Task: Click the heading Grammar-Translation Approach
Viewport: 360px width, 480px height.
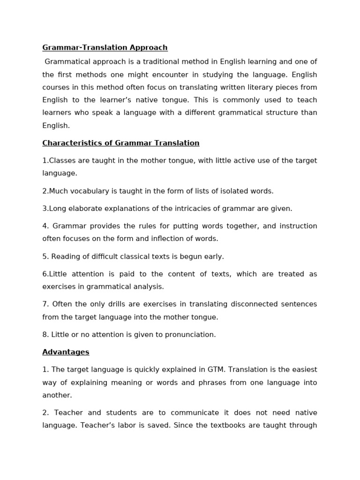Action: click(105, 47)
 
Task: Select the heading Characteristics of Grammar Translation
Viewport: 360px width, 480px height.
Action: click(120, 143)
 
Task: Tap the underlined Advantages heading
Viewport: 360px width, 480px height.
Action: click(66, 352)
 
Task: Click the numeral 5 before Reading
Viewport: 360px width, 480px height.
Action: click(45, 256)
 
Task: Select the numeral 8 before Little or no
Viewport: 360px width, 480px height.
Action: click(45, 335)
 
